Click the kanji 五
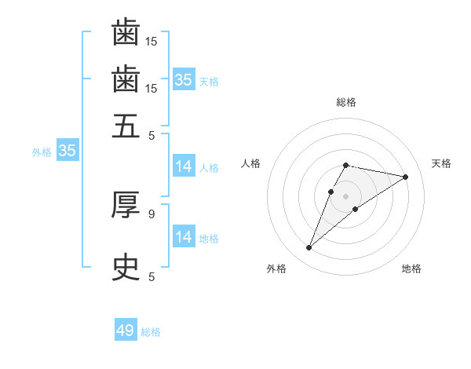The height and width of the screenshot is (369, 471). [126, 126]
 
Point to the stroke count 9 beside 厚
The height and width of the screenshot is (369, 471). [152, 213]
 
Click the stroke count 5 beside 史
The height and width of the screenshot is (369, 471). [152, 276]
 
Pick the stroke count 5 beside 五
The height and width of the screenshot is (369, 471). [152, 134]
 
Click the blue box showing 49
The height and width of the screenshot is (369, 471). [126, 331]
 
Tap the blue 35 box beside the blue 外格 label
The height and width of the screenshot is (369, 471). [67, 152]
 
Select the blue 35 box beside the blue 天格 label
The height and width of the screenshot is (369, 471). [183, 80]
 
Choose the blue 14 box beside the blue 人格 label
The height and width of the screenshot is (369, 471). [183, 166]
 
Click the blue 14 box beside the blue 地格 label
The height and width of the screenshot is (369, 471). [183, 237]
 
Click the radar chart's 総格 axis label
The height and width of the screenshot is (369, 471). [346, 103]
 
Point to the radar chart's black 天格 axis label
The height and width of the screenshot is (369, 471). [441, 163]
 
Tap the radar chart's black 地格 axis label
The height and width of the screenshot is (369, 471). [411, 269]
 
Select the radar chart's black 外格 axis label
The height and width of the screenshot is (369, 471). [276, 269]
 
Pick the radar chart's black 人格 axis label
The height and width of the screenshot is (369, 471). [251, 163]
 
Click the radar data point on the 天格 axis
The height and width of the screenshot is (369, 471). [405, 177]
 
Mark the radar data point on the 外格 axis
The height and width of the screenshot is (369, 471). [309, 248]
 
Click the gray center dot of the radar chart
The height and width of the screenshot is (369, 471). [346, 195]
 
